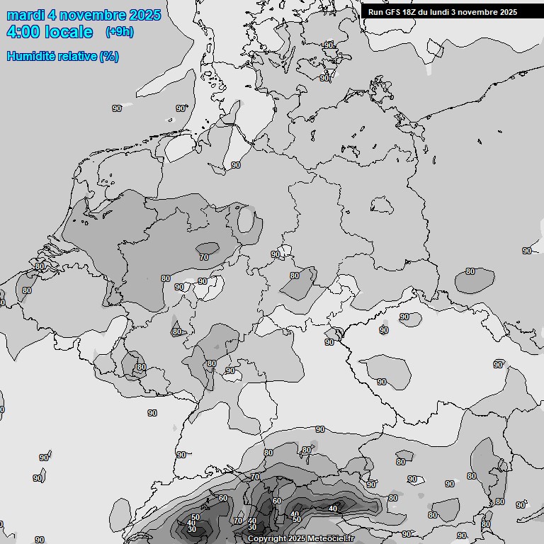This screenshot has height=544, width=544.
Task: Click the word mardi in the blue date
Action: point(25,15)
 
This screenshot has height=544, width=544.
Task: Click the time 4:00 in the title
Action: point(24,32)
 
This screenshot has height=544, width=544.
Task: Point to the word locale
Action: point(69,32)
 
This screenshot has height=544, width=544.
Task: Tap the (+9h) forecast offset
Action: point(119,32)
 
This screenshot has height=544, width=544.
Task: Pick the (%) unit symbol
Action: point(109,56)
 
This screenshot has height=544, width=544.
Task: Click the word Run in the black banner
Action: point(376,12)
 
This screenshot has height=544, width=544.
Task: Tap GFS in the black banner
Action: point(394,12)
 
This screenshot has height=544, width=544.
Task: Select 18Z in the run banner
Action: point(412,12)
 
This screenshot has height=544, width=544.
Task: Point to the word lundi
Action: point(444,12)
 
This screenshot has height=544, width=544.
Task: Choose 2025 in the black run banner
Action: point(508,12)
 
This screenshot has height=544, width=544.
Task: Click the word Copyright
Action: point(267,539)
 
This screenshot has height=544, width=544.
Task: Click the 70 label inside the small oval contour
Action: point(204,257)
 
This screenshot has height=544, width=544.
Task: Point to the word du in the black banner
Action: point(427,12)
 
